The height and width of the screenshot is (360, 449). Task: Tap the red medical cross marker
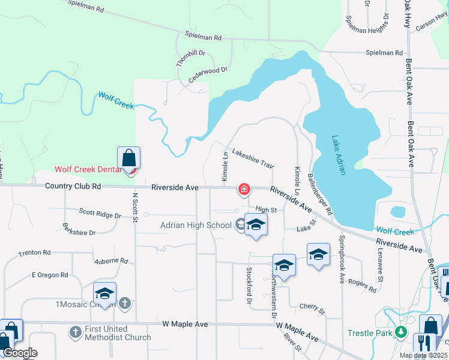(x=244, y=190)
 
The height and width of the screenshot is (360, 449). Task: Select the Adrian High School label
(x=196, y=226)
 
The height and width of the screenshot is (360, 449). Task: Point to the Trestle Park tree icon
(x=400, y=332)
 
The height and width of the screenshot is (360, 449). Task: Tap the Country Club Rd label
(x=73, y=187)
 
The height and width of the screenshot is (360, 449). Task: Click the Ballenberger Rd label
(x=319, y=194)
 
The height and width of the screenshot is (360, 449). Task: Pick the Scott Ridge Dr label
(x=100, y=212)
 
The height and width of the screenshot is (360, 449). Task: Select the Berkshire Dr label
(x=79, y=229)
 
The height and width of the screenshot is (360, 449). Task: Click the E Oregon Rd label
(x=50, y=275)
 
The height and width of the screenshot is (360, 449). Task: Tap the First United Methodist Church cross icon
(x=76, y=331)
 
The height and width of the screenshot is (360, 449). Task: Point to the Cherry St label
(x=312, y=308)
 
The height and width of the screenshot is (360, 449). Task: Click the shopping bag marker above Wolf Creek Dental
(x=128, y=158)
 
